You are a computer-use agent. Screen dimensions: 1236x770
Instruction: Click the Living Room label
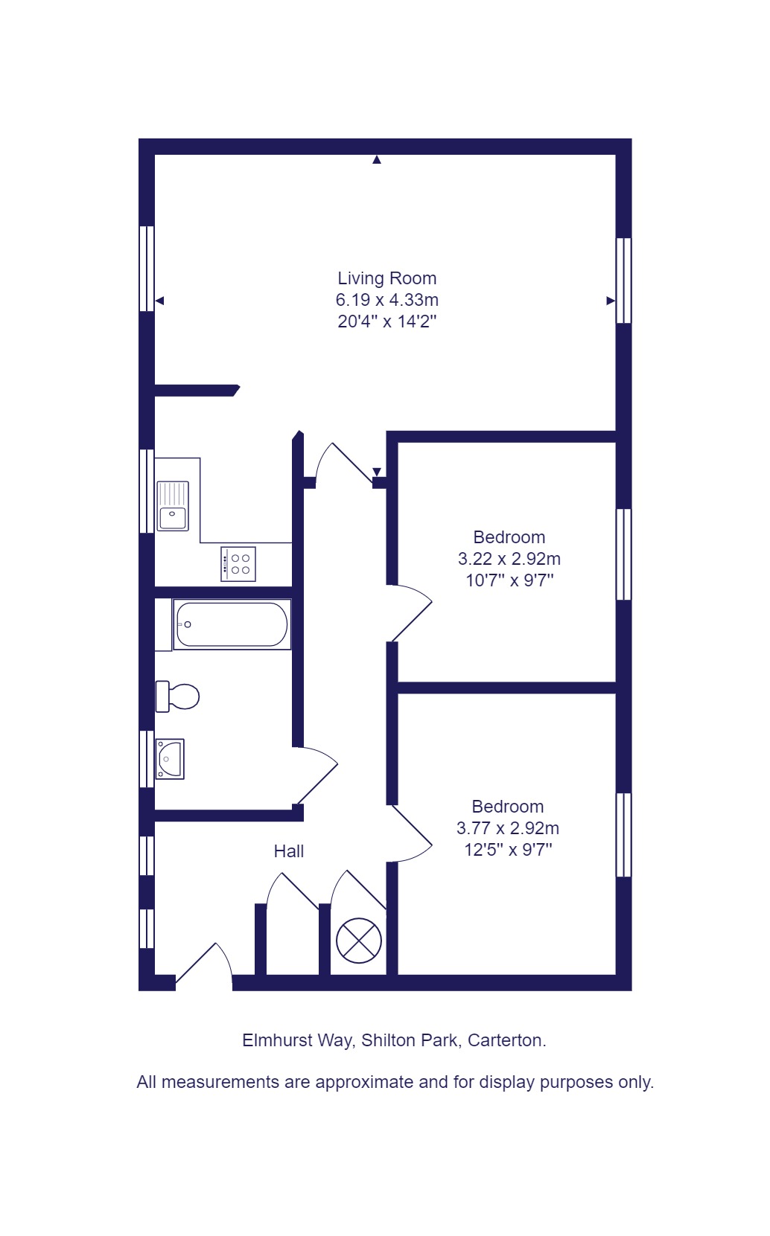(x=386, y=278)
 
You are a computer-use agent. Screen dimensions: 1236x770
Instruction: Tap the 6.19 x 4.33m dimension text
(x=386, y=300)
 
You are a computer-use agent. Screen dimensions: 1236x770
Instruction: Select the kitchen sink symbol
(x=173, y=506)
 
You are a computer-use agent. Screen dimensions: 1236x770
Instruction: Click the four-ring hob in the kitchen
(x=238, y=564)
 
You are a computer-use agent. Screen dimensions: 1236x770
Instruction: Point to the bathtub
(x=232, y=624)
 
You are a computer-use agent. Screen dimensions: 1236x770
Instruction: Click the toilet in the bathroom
(x=178, y=697)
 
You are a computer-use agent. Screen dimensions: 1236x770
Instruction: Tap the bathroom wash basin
(x=170, y=759)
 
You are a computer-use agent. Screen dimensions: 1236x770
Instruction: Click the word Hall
(x=289, y=851)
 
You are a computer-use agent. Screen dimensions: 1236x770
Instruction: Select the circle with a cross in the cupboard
(x=359, y=940)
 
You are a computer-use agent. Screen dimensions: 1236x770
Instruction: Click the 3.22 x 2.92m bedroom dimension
(x=509, y=559)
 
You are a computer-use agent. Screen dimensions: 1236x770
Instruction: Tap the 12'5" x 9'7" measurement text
(x=508, y=850)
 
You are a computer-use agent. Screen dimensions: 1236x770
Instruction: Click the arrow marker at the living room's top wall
(x=377, y=159)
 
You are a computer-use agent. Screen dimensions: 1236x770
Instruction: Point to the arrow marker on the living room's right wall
(x=611, y=301)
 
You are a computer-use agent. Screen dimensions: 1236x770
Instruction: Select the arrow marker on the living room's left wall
(x=159, y=301)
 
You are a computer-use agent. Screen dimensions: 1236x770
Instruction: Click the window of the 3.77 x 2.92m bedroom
(x=624, y=835)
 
